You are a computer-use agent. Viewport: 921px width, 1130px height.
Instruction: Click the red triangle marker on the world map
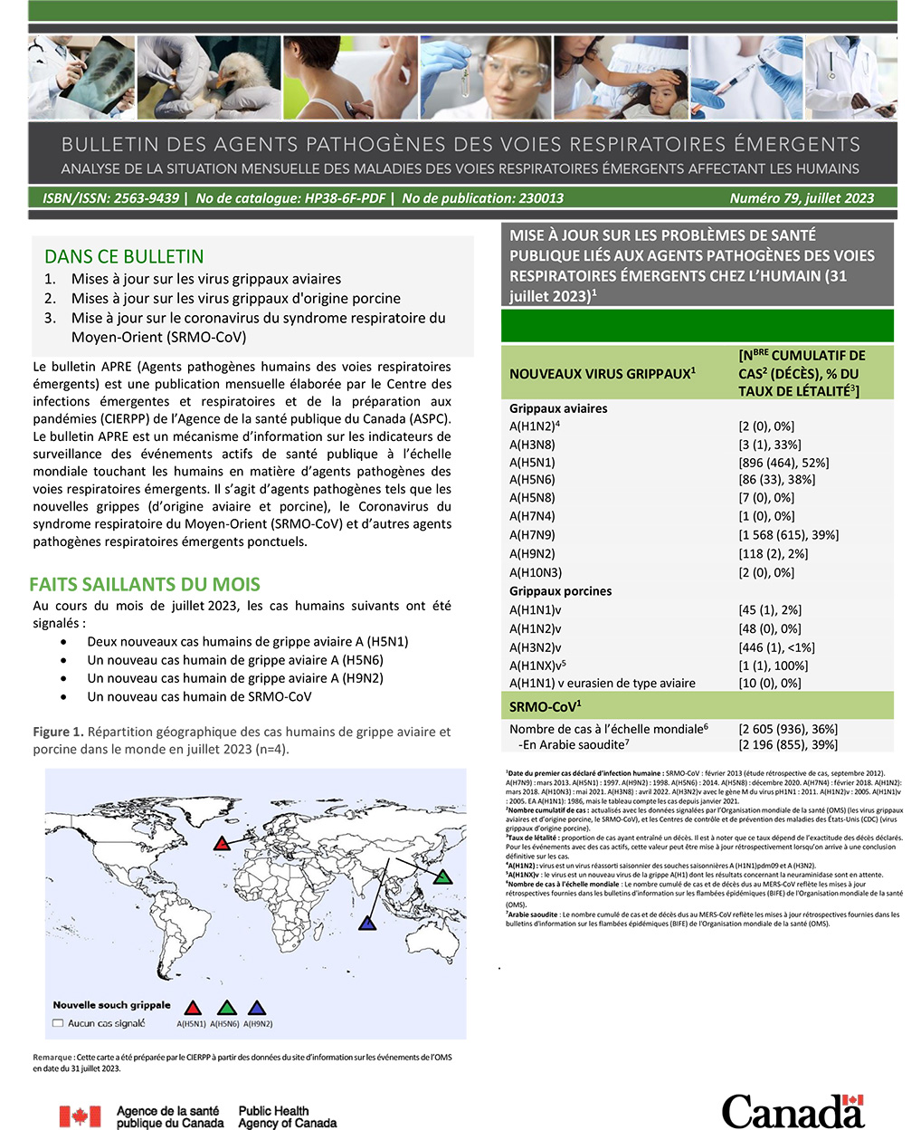pos(222,844)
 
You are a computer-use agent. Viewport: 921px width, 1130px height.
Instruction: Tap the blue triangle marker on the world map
pos(367,924)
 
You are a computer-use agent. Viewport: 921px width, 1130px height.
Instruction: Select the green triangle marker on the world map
pos(442,876)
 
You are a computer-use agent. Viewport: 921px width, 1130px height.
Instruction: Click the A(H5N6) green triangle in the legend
pos(227,1009)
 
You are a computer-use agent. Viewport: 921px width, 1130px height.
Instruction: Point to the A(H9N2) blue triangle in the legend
pos(257,1009)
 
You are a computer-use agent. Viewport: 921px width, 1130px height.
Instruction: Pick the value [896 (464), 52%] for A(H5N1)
pos(783,463)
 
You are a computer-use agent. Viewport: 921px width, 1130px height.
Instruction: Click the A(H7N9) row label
pos(532,535)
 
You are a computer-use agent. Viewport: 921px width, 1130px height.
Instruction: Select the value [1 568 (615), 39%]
pos(788,535)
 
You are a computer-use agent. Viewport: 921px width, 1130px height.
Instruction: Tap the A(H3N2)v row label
pos(535,647)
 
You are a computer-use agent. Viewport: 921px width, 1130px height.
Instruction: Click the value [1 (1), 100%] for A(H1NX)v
pos(774,666)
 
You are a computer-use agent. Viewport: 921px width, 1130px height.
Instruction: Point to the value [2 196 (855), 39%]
pos(788,744)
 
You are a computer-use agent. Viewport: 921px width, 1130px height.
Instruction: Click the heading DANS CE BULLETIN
pos(124,256)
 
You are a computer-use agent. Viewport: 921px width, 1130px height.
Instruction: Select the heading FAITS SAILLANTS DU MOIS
pos(145,584)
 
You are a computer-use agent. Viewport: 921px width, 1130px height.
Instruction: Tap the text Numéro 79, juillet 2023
pos(802,198)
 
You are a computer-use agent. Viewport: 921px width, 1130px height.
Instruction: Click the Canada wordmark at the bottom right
pos(793,1111)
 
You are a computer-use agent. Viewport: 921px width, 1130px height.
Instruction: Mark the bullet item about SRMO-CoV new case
pos(199,696)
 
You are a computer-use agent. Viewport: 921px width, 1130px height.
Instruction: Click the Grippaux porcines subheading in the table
pos(560,591)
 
